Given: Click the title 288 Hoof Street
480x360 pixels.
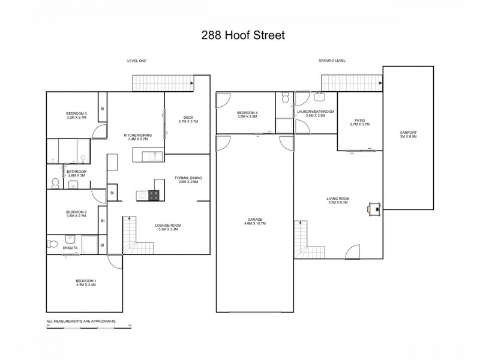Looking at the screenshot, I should [239, 35].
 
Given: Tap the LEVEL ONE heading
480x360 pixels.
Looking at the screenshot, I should [137, 61].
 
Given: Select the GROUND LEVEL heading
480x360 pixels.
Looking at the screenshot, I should [332, 61].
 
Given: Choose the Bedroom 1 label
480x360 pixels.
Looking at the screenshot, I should [86, 282].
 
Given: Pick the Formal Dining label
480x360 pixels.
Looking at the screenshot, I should [188, 179].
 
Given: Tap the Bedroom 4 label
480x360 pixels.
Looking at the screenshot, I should [247, 114].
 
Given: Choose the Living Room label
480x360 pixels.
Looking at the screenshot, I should [339, 200].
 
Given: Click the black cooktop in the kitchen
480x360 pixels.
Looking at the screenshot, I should [153, 194].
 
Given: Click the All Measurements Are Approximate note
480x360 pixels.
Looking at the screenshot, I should [81, 322].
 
